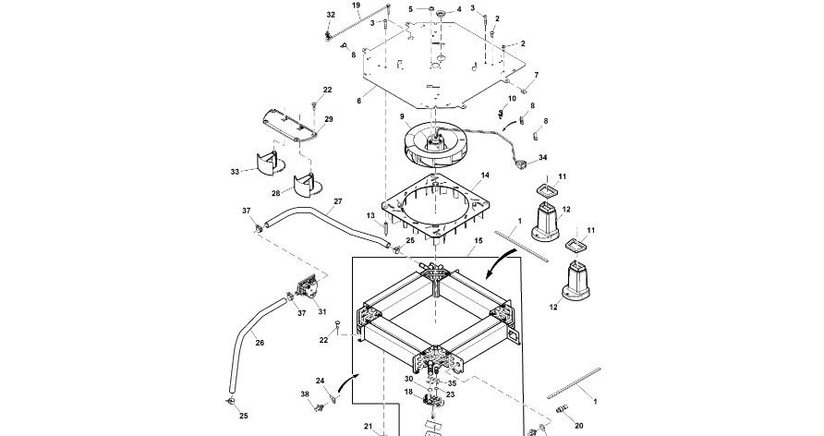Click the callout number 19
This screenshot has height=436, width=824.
[357, 6]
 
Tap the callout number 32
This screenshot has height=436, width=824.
[330, 15]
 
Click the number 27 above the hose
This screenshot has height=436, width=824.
[338, 201]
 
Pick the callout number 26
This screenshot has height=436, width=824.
[260, 343]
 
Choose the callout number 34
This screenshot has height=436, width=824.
[542, 158]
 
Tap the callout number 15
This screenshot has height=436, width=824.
[478, 239]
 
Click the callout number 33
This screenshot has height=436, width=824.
[235, 171]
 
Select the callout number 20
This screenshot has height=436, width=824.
[579, 426]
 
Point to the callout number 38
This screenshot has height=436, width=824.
[305, 394]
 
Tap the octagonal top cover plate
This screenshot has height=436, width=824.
[443, 65]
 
